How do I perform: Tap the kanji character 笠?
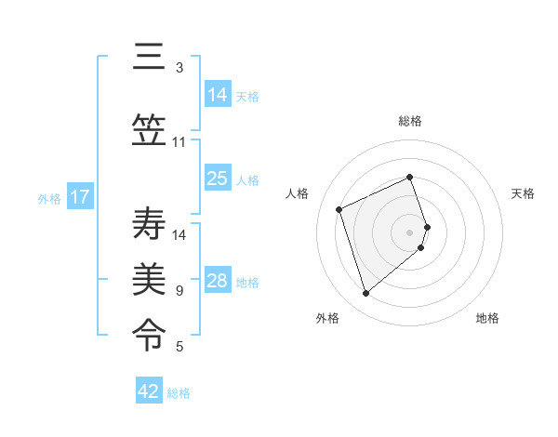[x=149, y=131]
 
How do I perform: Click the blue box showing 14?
[x=218, y=95]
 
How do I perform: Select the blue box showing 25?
[x=218, y=179]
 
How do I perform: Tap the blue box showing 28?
[x=218, y=281]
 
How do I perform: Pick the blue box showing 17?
[x=79, y=197]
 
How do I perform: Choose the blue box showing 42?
[x=149, y=391]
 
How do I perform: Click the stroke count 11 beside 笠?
[x=179, y=142]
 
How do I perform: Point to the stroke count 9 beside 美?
[x=179, y=291]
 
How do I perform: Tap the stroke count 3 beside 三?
[x=179, y=68]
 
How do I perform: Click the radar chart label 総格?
[x=410, y=121]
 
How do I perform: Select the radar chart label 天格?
[x=523, y=193]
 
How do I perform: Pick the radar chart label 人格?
[x=298, y=193]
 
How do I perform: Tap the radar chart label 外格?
[x=327, y=318]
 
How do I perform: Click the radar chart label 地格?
[x=487, y=318]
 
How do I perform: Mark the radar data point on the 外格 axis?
[x=366, y=294]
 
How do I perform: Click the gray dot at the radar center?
[x=410, y=232]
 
